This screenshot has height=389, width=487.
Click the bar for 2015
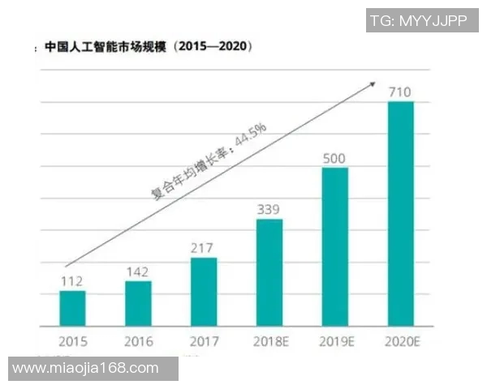pyautogui.click(x=72, y=308)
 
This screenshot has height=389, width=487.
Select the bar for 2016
pyautogui.click(x=138, y=303)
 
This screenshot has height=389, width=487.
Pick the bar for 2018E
pyautogui.click(x=269, y=272)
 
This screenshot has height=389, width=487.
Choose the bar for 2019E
pyautogui.click(x=335, y=246)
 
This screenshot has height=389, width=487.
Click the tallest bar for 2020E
pyautogui.click(x=401, y=213)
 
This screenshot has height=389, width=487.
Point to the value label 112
pyautogui.click(x=72, y=280)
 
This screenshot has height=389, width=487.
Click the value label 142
pyautogui.click(x=138, y=271)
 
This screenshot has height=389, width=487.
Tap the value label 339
pyautogui.click(x=269, y=209)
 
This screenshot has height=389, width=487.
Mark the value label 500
pyautogui.click(x=335, y=157)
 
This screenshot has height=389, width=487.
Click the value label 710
pyautogui.click(x=401, y=91)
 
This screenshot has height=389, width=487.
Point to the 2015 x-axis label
pyautogui.click(x=72, y=341)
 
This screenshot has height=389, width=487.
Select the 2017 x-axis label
pyautogui.click(x=204, y=341)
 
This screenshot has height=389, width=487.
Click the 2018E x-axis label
pyautogui.click(x=269, y=341)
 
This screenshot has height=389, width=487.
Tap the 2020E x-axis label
pyautogui.click(x=401, y=341)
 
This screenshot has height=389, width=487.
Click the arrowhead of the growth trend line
pyautogui.click(x=373, y=83)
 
